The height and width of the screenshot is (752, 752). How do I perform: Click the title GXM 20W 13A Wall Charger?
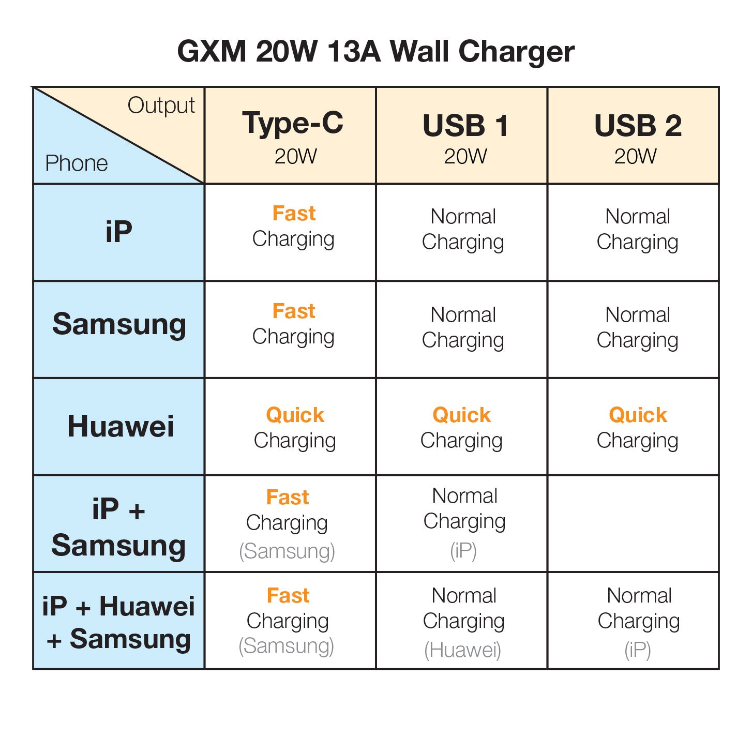pos(375,52)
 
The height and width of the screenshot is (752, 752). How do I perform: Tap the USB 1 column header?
pos(465,126)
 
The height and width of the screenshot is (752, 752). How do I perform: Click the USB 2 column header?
pos(637,126)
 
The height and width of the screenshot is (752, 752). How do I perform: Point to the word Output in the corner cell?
pos(161,106)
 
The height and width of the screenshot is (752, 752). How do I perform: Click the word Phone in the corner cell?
pos(76,163)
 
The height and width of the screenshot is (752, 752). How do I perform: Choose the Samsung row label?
pos(118,325)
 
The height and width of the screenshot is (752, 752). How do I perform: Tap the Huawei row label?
pos(120,427)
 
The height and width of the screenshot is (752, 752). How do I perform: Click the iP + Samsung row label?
pos(118,528)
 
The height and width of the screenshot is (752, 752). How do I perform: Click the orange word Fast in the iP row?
pos(294,214)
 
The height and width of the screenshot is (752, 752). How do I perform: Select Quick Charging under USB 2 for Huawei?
pos(637,428)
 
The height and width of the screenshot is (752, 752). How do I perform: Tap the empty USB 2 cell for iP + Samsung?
pos(633,523)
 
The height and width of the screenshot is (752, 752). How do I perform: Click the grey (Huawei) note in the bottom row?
pos(462,650)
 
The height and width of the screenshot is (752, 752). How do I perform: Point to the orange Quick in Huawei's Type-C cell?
pos(295,415)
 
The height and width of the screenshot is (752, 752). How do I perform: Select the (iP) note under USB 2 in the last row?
pos(637,650)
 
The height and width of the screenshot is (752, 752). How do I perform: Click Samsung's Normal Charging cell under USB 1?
pos(463,327)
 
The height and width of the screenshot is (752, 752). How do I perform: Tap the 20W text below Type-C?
pos(295,156)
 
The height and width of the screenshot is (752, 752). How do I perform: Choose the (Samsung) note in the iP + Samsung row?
pos(287,551)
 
